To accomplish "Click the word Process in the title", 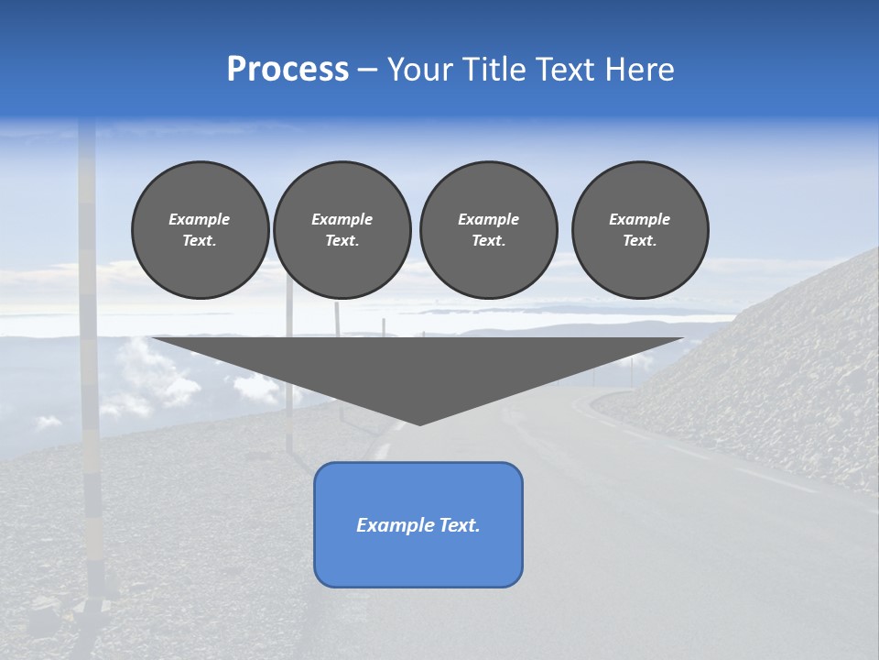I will click(288, 70).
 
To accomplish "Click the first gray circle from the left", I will click(200, 230).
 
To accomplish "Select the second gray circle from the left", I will click(342, 230).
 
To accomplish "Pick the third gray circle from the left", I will click(488, 230).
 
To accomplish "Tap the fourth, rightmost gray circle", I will click(640, 230).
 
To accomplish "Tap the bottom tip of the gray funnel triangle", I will click(419, 423).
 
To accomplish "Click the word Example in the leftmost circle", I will click(200, 219).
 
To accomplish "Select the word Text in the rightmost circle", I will click(639, 241).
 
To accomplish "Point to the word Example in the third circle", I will click(488, 219).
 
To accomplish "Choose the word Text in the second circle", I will click(342, 241).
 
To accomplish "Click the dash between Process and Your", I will click(368, 71).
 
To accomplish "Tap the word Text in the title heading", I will click(562, 70).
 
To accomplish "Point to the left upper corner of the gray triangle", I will click(154, 338).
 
